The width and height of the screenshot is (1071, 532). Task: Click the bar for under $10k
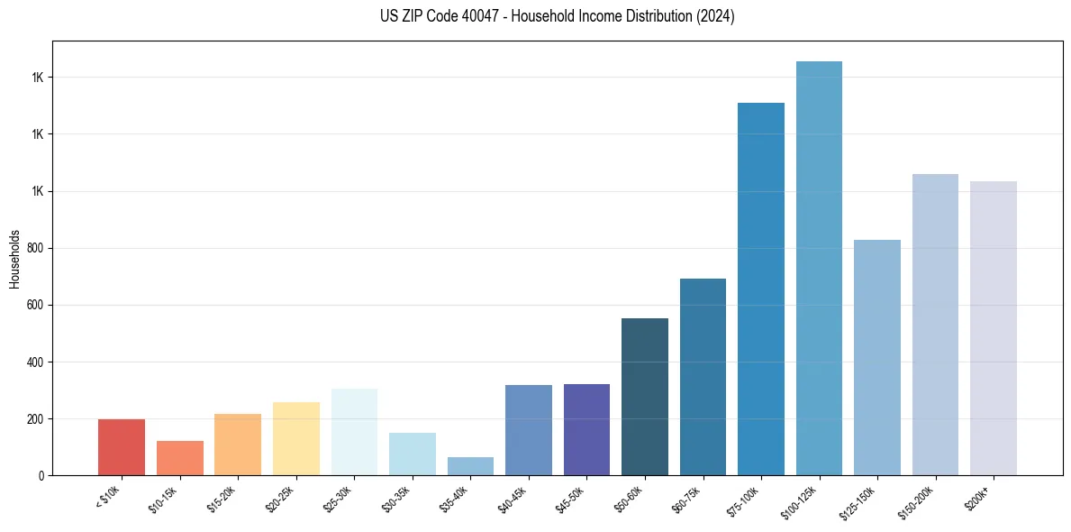click(x=122, y=447)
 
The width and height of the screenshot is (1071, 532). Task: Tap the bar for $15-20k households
click(x=238, y=445)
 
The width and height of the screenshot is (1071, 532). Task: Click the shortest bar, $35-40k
click(x=470, y=466)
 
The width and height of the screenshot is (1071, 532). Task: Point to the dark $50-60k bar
click(x=645, y=397)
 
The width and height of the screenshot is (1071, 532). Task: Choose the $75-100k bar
click(x=761, y=289)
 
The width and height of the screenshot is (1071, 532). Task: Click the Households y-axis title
click(x=14, y=258)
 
